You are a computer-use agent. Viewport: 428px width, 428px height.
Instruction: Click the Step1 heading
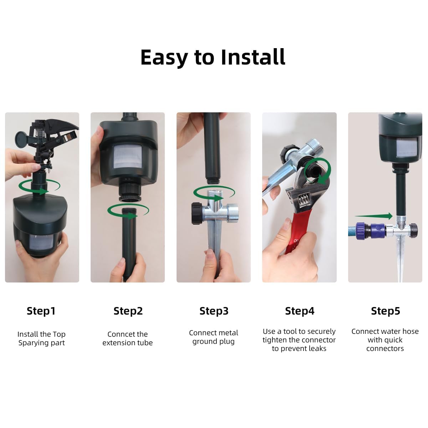point(41,311)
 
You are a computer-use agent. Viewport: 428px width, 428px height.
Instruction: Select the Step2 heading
point(128,311)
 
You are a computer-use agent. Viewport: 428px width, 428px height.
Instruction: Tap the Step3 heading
point(214,311)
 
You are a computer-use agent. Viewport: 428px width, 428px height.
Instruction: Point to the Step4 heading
point(300,311)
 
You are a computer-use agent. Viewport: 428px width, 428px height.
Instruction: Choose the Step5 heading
point(386,311)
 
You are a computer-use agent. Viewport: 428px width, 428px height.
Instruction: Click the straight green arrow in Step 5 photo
point(374,216)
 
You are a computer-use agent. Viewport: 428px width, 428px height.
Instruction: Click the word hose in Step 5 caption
point(411,331)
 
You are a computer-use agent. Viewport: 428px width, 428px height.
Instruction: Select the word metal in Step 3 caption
point(228,333)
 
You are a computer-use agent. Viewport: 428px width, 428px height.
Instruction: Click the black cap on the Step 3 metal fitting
point(198,213)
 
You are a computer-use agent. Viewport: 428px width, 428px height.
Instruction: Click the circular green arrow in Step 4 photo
point(318,171)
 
